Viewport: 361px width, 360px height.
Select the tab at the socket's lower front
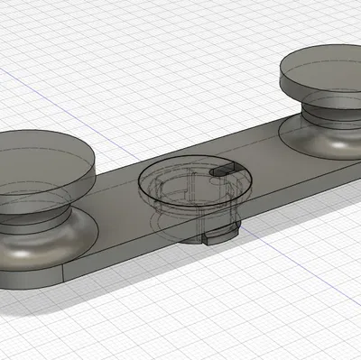click(x=219, y=236)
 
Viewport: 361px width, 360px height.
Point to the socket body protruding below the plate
click(x=194, y=230)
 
